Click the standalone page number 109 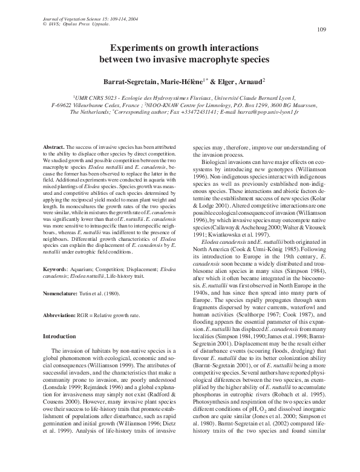321,30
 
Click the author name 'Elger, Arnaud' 236,80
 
